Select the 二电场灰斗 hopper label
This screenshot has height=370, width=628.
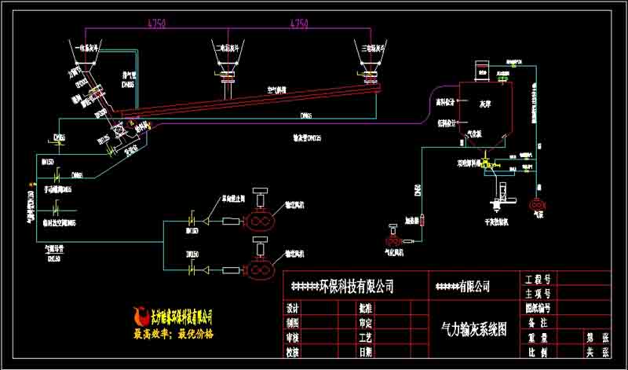[x=228, y=48]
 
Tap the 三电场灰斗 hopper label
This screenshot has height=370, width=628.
[x=367, y=47]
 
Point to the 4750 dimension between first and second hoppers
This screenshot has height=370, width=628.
[x=157, y=24]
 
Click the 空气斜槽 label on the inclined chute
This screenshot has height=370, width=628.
[x=276, y=90]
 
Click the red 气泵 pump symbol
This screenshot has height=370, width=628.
[x=539, y=204]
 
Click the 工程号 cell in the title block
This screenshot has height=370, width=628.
[x=537, y=279]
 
